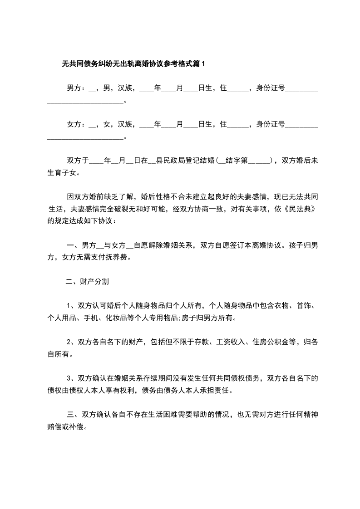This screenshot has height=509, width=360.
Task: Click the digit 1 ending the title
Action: click(203, 64)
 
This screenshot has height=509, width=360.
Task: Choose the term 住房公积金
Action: click(271, 342)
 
